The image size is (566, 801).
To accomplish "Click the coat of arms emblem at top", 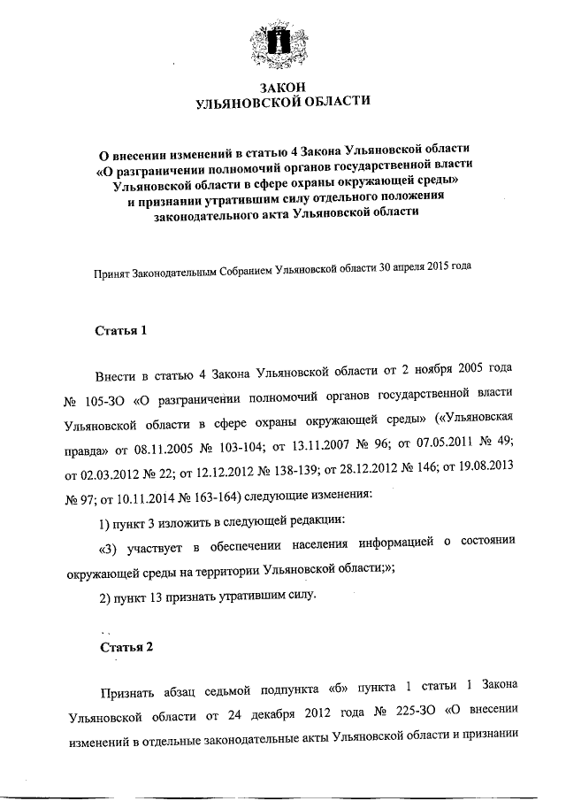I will click(x=282, y=44).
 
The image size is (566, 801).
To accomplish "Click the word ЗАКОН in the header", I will click(x=282, y=86).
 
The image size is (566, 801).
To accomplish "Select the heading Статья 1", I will click(x=119, y=331).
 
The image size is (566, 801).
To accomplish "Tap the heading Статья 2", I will click(x=125, y=646).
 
